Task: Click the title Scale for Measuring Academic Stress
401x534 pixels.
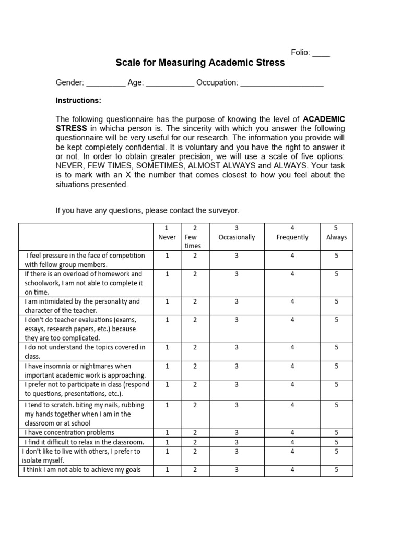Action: click(200, 63)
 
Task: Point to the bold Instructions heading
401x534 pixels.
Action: click(78, 100)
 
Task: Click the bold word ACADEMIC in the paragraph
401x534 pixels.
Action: click(324, 119)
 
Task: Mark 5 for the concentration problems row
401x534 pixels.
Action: click(336, 432)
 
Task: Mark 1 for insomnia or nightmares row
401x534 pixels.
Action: click(167, 366)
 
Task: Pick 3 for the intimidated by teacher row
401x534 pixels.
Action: click(237, 301)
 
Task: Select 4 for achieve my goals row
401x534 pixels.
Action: click(292, 470)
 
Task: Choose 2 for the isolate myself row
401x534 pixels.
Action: click(195, 451)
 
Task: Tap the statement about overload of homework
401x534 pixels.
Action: click(84, 283)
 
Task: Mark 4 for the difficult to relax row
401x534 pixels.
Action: click(292, 442)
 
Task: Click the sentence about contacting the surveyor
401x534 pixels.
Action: click(147, 211)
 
